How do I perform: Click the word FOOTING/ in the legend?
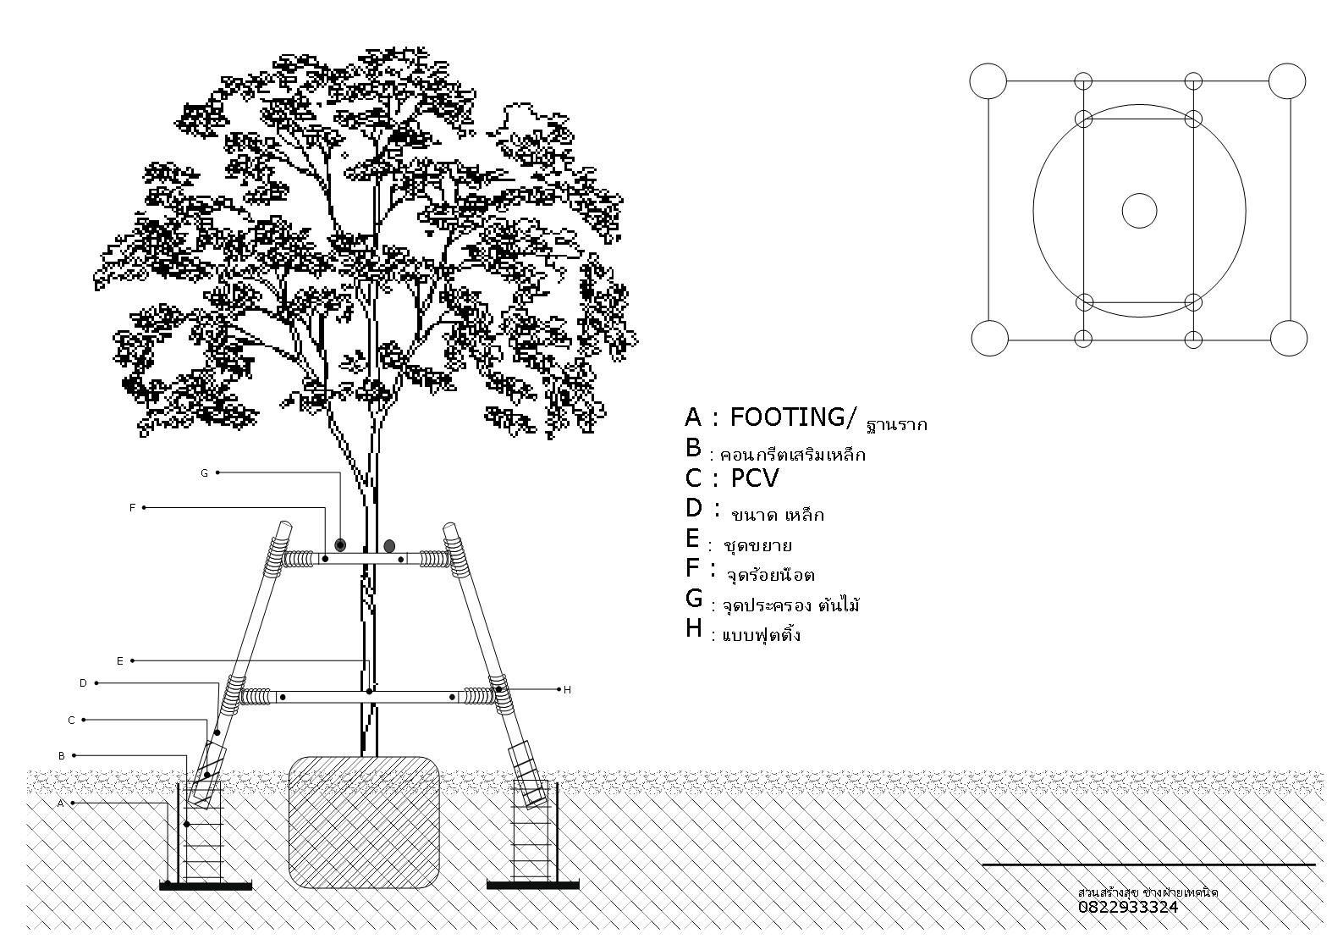coord(793,417)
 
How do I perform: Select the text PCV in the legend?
coord(754,478)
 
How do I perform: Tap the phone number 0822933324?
coord(1127,907)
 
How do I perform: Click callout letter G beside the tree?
coord(204,473)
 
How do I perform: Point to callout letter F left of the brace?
coord(132,508)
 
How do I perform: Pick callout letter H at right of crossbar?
coord(567,690)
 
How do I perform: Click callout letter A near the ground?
coord(61,804)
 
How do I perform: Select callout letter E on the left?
coord(120,661)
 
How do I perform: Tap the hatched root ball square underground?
coord(365,822)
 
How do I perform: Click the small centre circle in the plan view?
coord(1139,211)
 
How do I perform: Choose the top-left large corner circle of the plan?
coord(988,81)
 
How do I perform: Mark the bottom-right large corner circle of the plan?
coord(1289,339)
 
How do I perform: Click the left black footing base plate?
coord(206,886)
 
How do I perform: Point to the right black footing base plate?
coord(533,886)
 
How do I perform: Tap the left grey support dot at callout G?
coord(340,544)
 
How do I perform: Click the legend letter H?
coord(694,628)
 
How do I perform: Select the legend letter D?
coord(694,508)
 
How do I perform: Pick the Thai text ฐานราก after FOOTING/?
coord(897,423)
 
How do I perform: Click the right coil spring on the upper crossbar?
coord(434,559)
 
